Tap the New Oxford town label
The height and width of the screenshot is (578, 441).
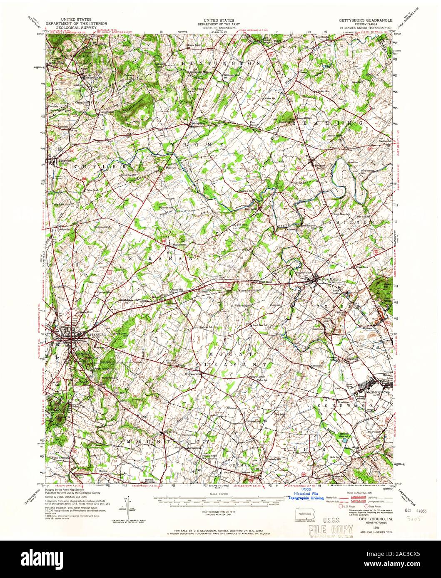pos(331,279)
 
